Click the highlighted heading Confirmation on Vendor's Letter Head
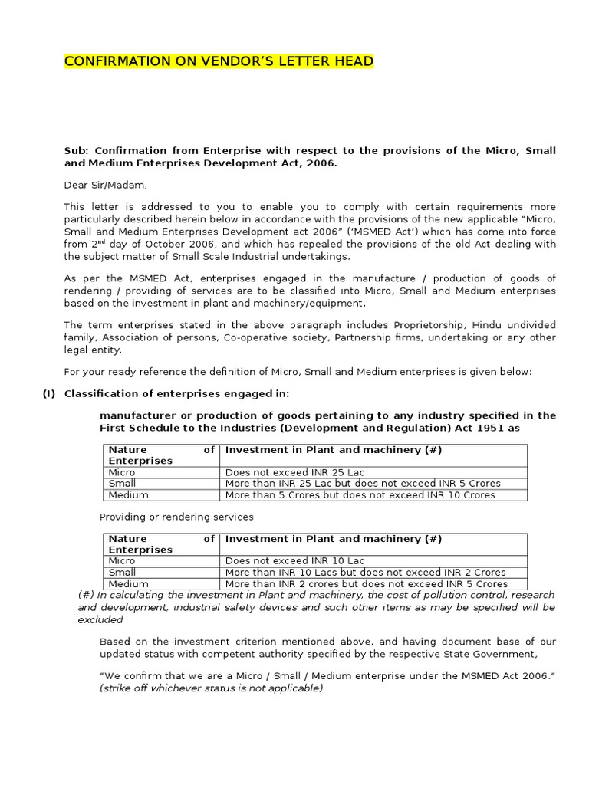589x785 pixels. [x=219, y=61]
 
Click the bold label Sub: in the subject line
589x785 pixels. [x=77, y=151]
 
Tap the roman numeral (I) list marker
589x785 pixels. [x=50, y=394]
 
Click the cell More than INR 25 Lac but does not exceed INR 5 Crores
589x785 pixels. [x=362, y=484]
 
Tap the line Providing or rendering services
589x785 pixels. [x=176, y=517]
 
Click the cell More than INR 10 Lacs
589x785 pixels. [x=365, y=573]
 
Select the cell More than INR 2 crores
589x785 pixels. [x=366, y=584]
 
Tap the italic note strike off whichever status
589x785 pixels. [x=212, y=688]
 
